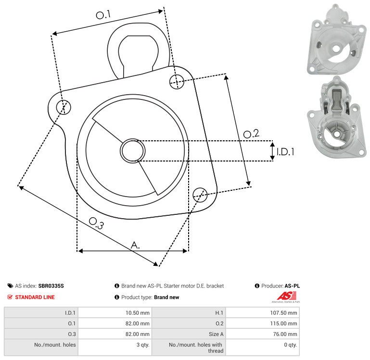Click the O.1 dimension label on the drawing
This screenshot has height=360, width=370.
point(103,14)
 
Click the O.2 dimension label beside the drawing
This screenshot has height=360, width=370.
point(251,134)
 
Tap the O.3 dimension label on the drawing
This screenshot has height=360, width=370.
point(96,223)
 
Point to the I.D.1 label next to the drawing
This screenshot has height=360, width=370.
point(285,152)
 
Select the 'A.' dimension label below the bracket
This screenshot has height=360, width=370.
point(135,245)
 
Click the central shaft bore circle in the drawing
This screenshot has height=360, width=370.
point(133,151)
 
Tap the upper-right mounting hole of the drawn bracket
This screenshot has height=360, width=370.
point(177,82)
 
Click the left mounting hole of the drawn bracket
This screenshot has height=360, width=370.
point(64,107)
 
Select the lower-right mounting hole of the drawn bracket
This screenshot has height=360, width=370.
point(200,195)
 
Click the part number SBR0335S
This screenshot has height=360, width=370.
point(51,286)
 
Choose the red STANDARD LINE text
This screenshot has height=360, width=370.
point(35,297)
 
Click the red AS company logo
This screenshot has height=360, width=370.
point(286,297)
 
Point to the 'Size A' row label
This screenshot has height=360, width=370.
point(216,334)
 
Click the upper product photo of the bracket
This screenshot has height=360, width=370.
point(337,39)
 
